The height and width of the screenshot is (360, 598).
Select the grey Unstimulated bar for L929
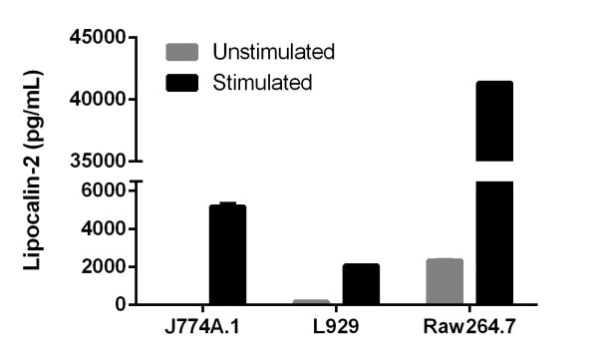point(311,301)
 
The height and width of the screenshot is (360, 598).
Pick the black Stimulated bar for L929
point(361,284)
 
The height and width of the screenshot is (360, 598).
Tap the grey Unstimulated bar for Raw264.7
point(445,281)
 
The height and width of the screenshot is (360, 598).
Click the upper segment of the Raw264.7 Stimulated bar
point(494,121)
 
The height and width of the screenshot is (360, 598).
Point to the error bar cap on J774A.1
point(227,203)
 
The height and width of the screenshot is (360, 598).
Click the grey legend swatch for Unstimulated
point(182,51)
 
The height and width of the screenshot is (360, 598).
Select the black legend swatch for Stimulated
point(182,81)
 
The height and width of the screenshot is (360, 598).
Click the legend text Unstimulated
point(272,51)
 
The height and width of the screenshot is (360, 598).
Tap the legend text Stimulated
point(263,81)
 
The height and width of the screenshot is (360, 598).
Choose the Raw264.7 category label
point(469,328)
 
